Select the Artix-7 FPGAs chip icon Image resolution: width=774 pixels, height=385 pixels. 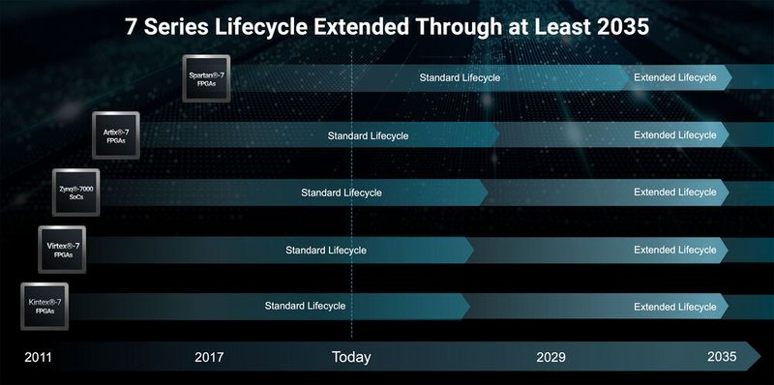click(x=116, y=135)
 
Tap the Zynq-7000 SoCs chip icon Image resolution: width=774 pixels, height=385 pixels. click(x=74, y=192)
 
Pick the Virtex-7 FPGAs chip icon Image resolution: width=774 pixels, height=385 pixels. click(x=61, y=250)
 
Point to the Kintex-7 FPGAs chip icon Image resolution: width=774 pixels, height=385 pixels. click(x=45, y=307)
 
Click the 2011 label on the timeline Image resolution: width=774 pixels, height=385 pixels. click(x=38, y=357)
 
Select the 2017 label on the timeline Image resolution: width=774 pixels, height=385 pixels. click(x=209, y=357)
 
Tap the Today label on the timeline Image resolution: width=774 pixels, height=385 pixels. click(x=351, y=357)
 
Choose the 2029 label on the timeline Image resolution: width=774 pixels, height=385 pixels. click(x=551, y=357)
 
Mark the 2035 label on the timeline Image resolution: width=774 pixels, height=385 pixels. click(x=722, y=357)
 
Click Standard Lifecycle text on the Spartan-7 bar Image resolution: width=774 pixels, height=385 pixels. click(x=460, y=77)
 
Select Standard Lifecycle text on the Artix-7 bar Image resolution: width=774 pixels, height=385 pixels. click(x=368, y=135)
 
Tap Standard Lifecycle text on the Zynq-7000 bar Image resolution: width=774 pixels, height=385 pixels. click(x=341, y=192)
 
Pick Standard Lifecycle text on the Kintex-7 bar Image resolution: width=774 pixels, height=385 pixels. click(x=306, y=307)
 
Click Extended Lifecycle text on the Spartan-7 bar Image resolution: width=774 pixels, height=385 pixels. click(x=674, y=77)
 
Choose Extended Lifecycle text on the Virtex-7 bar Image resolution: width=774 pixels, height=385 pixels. click(x=674, y=250)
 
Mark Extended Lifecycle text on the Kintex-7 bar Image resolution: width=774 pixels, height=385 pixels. click(x=674, y=307)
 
